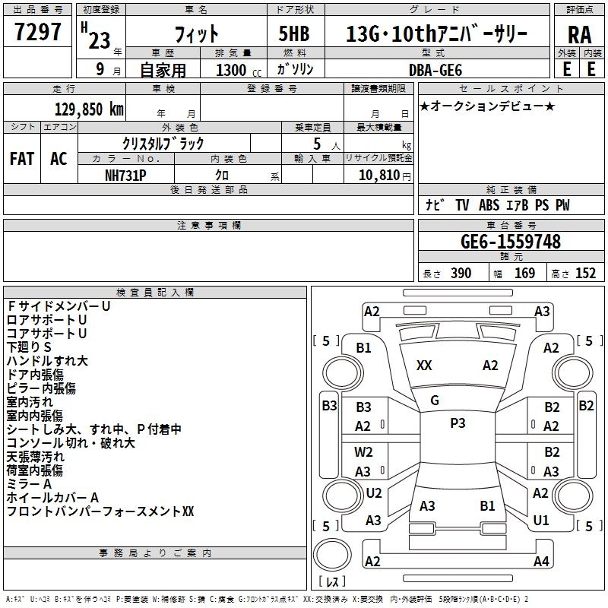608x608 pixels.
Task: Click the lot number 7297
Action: point(37,32)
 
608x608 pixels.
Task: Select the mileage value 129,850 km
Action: point(89,109)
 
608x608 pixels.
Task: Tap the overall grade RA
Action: point(579,35)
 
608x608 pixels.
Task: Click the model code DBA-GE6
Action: point(435,70)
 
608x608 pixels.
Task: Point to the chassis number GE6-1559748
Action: point(511,242)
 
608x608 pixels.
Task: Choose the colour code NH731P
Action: point(125,176)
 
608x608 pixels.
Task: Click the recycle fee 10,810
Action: point(379,176)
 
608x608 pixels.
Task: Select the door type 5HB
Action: point(294,33)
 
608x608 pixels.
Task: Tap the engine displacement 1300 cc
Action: point(239,71)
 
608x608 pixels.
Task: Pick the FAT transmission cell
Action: point(22,159)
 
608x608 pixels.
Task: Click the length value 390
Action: point(461,274)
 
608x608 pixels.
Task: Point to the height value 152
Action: point(585,274)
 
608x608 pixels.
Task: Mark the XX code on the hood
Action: point(424,366)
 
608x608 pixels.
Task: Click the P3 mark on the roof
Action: point(458,423)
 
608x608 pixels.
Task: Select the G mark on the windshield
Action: point(435,401)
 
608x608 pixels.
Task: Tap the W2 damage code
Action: point(363,452)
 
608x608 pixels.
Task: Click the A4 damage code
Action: point(541,561)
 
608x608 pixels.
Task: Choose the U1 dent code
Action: point(541,520)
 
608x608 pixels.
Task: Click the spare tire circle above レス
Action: point(332,555)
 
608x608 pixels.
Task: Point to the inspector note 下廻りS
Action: point(29,347)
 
